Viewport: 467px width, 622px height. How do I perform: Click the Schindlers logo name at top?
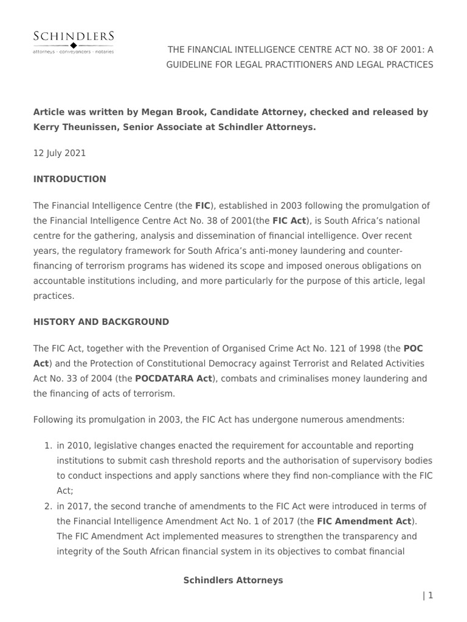(73, 36)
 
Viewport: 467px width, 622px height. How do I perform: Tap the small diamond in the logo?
(74, 46)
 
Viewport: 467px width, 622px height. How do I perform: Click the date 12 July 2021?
(59, 153)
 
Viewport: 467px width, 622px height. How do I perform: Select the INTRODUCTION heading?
(69, 179)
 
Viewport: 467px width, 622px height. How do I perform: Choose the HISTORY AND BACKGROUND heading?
(101, 322)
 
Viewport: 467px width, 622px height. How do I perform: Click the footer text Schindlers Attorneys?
(233, 580)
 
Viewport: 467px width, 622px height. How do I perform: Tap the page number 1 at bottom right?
(430, 595)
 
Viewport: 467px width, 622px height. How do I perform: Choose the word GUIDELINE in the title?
(195, 64)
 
